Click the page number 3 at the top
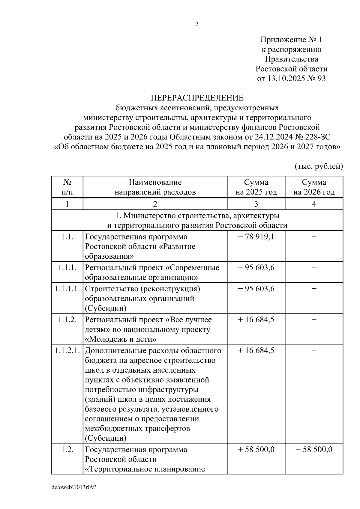pyautogui.click(x=197, y=24)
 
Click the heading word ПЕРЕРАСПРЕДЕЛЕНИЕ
pyautogui.click(x=197, y=98)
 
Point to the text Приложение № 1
pyautogui.click(x=291, y=40)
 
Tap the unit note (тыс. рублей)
pyautogui.click(x=318, y=166)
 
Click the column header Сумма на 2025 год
pyautogui.click(x=256, y=187)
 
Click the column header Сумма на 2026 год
pyautogui.click(x=314, y=187)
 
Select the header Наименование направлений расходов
pyautogui.click(x=155, y=187)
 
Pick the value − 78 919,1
pyautogui.click(x=256, y=237)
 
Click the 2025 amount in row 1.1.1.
pyautogui.click(x=256, y=267)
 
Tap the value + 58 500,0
pyautogui.click(x=256, y=450)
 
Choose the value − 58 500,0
pyautogui.click(x=314, y=450)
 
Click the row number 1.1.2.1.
pyautogui.click(x=67, y=350)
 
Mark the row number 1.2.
pyautogui.click(x=67, y=450)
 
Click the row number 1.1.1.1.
pyautogui.click(x=67, y=289)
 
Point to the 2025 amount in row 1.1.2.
pyautogui.click(x=256, y=320)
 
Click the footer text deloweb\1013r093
pyautogui.click(x=74, y=487)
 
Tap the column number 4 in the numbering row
pyautogui.click(x=314, y=204)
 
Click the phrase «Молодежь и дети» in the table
pyautogui.click(x=121, y=339)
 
